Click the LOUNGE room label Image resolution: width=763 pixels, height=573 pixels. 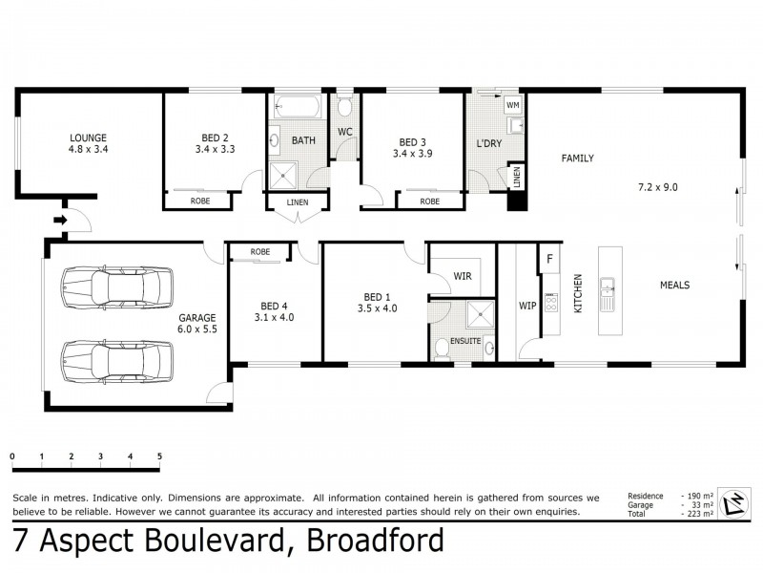pyautogui.click(x=87, y=137)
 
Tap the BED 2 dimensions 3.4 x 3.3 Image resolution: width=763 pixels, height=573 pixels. pyautogui.click(x=215, y=149)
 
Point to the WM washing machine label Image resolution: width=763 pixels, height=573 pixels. pyautogui.click(x=512, y=104)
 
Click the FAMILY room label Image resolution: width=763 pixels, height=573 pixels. pyautogui.click(x=577, y=158)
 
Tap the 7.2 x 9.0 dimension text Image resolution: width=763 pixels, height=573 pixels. pyautogui.click(x=657, y=187)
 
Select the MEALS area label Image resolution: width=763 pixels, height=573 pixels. pyautogui.click(x=673, y=285)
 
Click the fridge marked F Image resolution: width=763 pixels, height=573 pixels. pyautogui.click(x=550, y=258)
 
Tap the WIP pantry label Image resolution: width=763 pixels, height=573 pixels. pyautogui.click(x=527, y=307)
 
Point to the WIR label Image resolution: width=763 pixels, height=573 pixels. pyautogui.click(x=463, y=276)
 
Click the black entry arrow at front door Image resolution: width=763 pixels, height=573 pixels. pyautogui.click(x=61, y=221)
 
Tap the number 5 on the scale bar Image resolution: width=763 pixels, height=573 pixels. pyautogui.click(x=159, y=456)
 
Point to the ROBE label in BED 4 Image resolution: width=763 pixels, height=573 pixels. pyautogui.click(x=259, y=252)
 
